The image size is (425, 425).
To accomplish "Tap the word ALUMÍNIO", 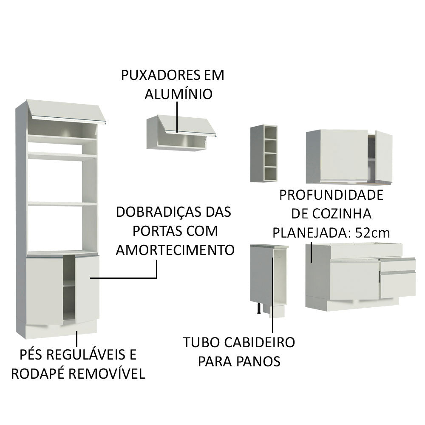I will pyautogui.click(x=178, y=94).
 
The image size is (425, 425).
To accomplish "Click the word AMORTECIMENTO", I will pyautogui.click(x=175, y=250).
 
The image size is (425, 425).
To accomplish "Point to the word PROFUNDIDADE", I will pyautogui.click(x=331, y=195).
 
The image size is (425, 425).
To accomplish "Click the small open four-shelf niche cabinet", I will pyautogui.click(x=263, y=153).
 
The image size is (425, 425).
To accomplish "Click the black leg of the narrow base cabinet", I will pyautogui.click(x=258, y=308).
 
